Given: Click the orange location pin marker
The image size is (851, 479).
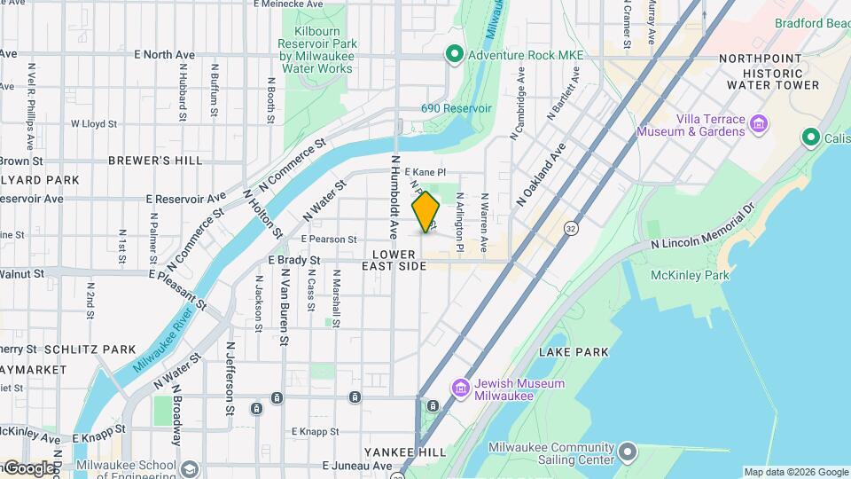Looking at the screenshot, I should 426,211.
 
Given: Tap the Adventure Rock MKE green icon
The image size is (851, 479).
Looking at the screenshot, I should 455,55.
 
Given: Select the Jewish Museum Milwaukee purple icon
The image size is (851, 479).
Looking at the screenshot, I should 460,389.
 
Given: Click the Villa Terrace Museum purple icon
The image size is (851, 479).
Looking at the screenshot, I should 759,124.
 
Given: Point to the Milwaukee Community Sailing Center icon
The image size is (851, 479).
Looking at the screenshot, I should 628,452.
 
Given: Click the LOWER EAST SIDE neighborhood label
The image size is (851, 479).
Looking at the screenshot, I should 394,260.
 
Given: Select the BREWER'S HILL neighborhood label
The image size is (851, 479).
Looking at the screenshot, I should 155,161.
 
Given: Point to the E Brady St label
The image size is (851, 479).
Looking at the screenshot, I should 293,260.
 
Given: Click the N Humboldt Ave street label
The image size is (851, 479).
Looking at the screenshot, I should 394,197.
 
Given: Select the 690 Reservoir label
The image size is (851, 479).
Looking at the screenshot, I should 456,108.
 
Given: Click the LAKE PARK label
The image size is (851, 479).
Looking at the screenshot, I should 574,352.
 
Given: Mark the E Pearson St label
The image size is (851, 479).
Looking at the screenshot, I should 328,239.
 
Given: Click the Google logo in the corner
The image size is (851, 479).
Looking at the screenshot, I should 28,467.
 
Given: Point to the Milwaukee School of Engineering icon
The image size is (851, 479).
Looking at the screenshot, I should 190,467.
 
